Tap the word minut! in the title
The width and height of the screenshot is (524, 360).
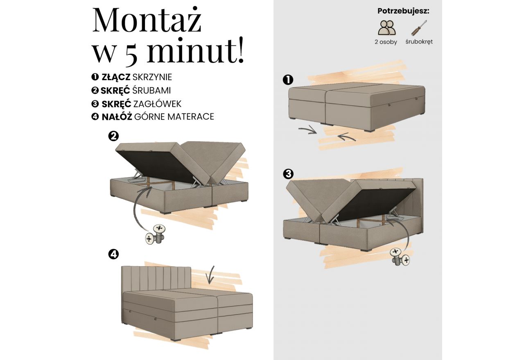coord(195,52)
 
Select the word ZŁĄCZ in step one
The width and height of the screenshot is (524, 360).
coord(116,77)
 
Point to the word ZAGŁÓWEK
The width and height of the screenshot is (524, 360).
coord(157,103)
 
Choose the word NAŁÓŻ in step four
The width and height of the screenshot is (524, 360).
coord(117,117)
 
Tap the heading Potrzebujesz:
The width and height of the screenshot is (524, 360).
coord(403,11)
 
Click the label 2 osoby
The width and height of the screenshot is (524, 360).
coord(386,42)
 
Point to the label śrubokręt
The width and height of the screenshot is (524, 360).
coord(419,42)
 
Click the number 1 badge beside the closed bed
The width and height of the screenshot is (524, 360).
coord(288,80)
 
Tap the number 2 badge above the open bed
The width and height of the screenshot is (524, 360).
coord(113,136)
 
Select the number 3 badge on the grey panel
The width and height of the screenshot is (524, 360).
coord(288,174)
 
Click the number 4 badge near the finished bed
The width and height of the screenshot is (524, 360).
coord(113,254)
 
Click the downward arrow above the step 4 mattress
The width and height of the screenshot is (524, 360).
coord(210,274)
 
